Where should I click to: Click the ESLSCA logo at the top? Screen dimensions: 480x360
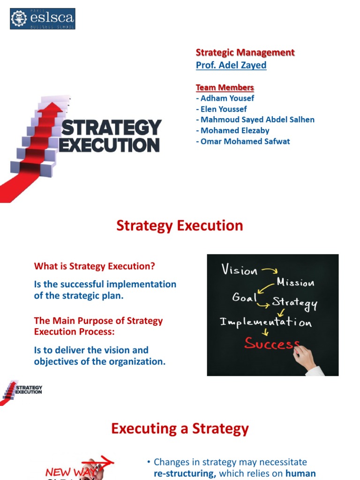pos(43,19)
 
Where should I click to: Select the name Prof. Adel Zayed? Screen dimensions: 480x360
pos(231,65)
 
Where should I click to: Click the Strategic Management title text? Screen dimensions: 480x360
pos(245,52)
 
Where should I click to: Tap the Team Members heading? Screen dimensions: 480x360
pos(225,88)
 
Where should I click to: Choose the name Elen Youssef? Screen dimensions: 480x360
pos(221,109)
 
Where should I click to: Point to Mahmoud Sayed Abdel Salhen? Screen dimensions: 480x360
pos(255,120)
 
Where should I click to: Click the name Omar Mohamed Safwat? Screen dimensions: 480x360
pos(243,141)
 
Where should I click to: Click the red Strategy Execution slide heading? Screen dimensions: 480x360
pos(180,225)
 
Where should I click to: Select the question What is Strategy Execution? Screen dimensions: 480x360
pos(94,266)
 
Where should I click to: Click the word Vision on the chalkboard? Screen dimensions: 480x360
pos(240,270)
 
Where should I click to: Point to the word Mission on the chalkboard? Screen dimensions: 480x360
pos(295,282)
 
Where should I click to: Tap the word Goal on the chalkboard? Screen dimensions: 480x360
pos(244,298)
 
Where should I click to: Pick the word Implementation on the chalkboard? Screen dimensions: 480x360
pos(266,322)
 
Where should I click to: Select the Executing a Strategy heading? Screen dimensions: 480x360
pos(180,429)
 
